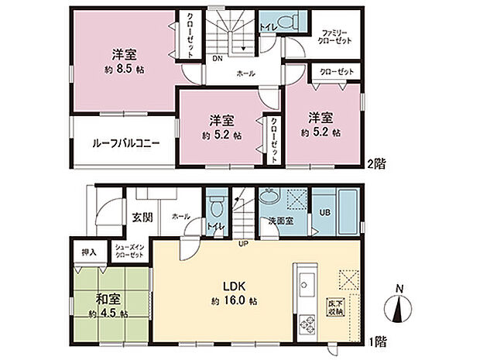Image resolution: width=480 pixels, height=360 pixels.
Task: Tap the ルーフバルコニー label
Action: point(126,143)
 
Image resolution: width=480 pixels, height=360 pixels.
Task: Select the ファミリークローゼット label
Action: point(336,36)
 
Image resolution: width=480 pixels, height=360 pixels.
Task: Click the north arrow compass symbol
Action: point(399,308)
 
